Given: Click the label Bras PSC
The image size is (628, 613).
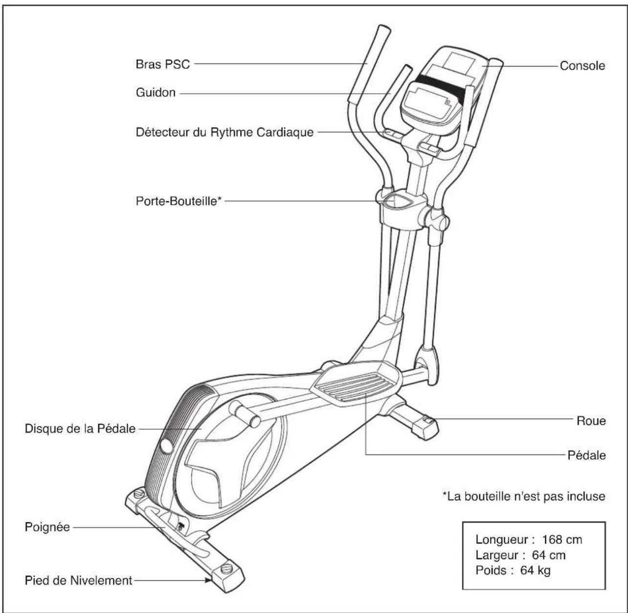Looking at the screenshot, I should [x=162, y=65].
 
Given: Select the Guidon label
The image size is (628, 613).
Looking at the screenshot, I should [x=156, y=93].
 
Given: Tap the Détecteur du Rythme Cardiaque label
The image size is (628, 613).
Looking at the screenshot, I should [x=224, y=132].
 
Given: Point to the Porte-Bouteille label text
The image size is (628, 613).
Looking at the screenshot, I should [x=179, y=201].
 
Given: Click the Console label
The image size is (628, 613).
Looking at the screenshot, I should [x=582, y=66].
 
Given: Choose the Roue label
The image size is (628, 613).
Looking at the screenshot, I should [x=591, y=420].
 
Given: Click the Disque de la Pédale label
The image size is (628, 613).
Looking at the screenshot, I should [x=80, y=429].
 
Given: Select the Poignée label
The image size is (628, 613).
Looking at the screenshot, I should [x=47, y=527].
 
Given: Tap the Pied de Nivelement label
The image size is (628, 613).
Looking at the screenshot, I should [x=78, y=581].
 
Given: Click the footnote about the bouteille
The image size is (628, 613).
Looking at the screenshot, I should [x=523, y=497].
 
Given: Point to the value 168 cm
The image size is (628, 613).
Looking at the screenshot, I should [x=562, y=540].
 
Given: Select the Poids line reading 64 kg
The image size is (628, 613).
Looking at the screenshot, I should [x=513, y=570].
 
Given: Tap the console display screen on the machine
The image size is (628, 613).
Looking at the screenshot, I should [x=430, y=101].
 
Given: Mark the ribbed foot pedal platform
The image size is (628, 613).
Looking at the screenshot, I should [x=356, y=381].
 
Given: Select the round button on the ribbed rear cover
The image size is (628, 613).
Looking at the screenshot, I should [x=166, y=446].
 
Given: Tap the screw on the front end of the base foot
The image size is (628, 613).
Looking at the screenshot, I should [x=225, y=569].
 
